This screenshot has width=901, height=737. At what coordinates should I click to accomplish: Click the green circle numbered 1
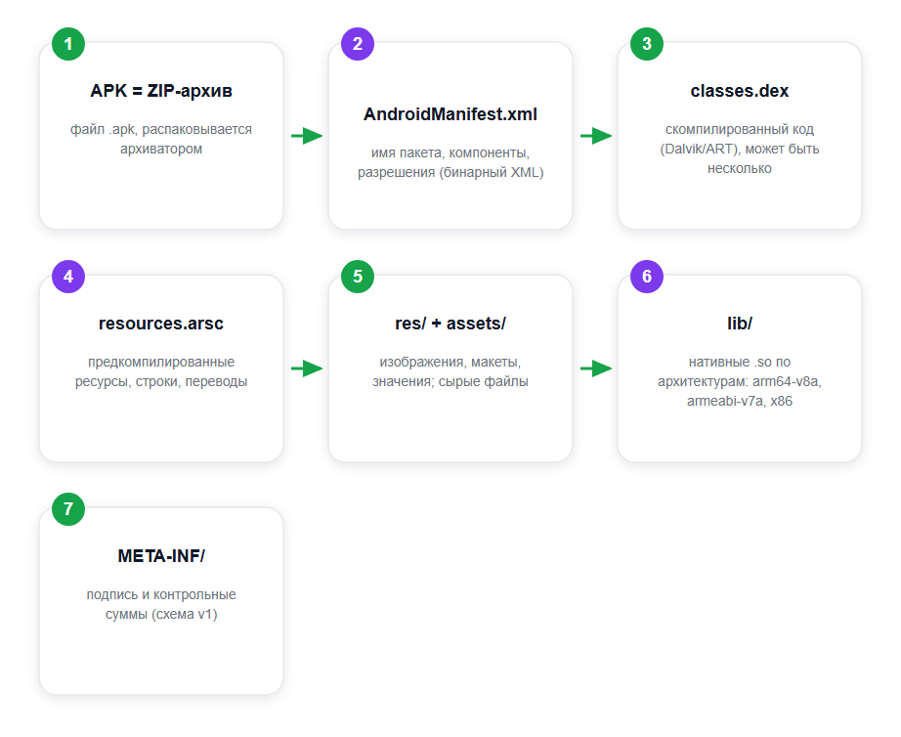(68, 44)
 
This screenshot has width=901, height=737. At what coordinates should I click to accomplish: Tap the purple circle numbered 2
(358, 44)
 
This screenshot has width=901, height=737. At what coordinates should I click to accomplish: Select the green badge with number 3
(647, 44)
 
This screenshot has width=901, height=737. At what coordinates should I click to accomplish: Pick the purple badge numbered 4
(68, 277)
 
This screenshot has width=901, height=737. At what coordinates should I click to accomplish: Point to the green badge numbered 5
(358, 277)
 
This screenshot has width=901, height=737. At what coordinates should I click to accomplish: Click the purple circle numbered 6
(647, 277)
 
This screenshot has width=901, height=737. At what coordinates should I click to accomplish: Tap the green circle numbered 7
(68, 509)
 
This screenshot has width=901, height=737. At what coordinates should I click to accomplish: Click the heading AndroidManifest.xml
(450, 114)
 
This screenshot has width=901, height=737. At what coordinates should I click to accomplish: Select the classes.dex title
(740, 91)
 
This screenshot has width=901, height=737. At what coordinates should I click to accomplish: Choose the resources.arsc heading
(161, 324)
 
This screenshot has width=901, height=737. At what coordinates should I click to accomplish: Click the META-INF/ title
(161, 556)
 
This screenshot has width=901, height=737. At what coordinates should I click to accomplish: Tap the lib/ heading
(740, 324)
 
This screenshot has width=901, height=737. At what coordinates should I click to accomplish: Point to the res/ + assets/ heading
(450, 324)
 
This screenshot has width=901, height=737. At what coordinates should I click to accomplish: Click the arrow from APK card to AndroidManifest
(307, 136)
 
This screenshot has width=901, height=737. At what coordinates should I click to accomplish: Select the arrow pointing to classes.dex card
(596, 136)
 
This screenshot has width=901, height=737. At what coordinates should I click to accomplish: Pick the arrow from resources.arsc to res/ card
(307, 368)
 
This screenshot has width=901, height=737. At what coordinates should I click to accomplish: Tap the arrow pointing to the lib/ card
(596, 368)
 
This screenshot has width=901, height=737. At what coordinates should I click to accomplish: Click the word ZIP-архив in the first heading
(190, 91)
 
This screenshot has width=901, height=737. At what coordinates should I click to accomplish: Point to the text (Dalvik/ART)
(698, 149)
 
